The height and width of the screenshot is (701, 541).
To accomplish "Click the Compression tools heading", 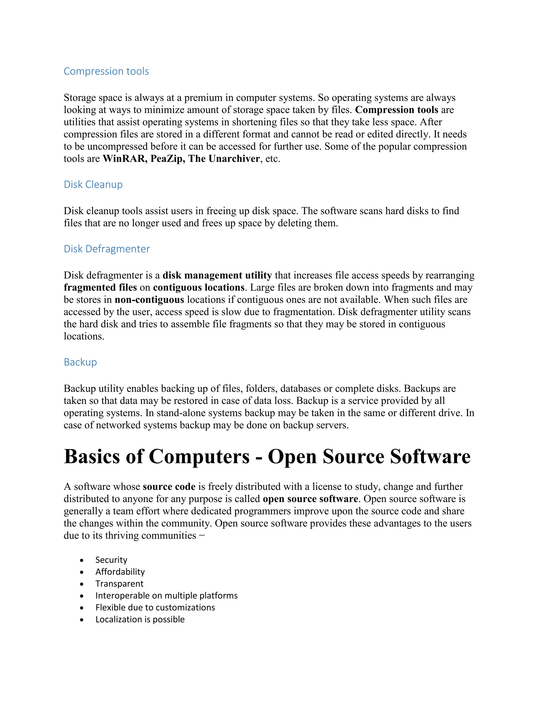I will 106,71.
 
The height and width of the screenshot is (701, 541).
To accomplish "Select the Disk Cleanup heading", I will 93,185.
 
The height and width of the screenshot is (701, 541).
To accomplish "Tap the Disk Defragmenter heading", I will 107,249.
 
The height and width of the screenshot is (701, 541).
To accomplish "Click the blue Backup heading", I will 80,362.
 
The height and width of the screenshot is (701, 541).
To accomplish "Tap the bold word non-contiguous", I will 149,300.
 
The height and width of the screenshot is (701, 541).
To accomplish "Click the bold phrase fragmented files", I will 100,288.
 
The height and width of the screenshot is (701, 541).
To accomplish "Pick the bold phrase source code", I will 169,486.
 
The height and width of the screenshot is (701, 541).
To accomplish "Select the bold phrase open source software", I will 310,499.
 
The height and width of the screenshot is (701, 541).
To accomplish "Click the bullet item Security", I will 111,560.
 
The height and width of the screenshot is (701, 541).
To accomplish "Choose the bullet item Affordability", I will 120,572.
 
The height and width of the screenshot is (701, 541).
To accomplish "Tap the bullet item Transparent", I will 119,584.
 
